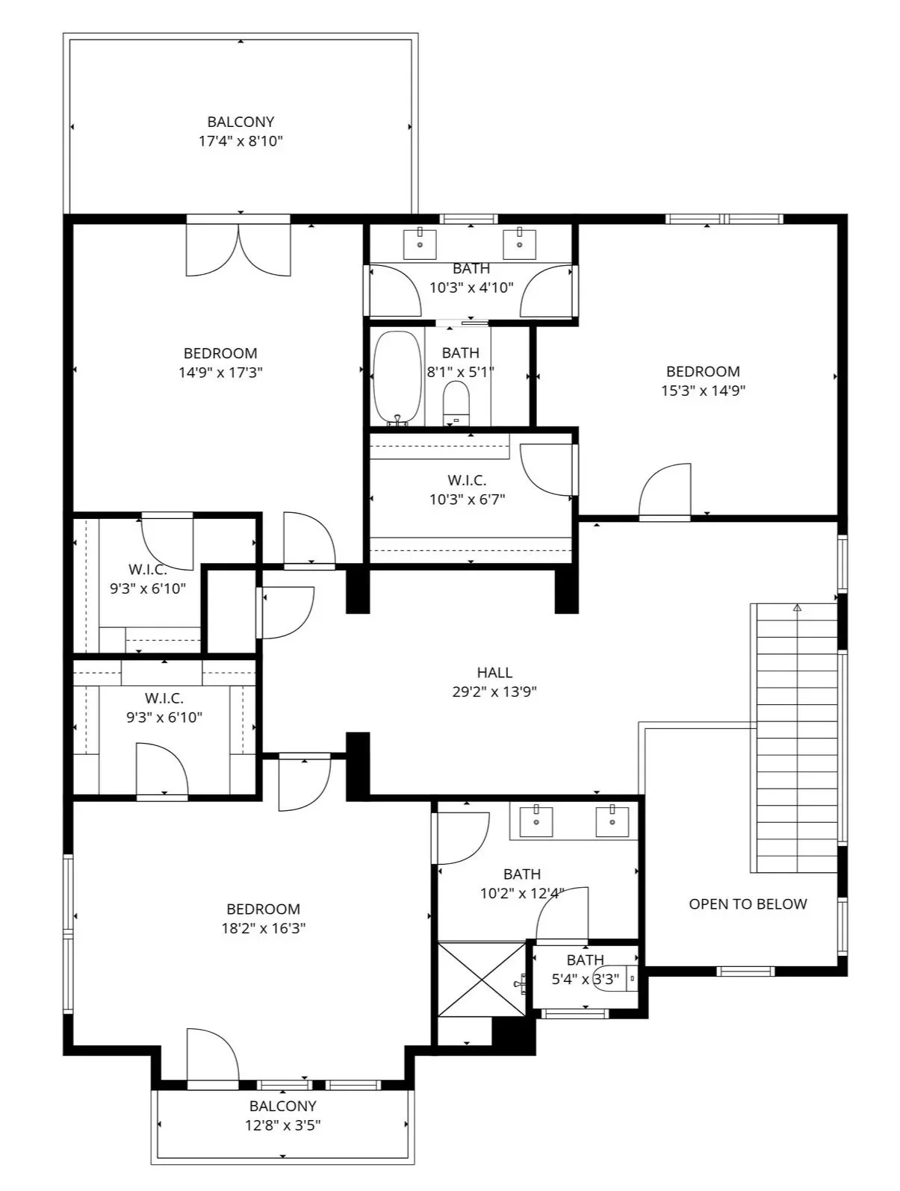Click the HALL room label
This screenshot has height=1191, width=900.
point(494,673)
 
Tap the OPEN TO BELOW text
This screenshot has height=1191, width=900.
point(748,904)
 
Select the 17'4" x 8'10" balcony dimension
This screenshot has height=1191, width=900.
point(240,141)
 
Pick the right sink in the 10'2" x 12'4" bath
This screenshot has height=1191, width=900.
point(612,821)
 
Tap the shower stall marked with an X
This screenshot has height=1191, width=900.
point(482,979)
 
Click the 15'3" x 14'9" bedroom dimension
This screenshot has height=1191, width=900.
point(704,391)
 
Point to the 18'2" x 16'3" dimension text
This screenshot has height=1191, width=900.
point(264,929)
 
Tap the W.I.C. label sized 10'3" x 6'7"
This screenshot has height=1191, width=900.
point(467,480)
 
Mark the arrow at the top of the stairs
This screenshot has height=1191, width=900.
point(797,609)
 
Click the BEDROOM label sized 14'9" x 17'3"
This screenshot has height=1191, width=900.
point(220,353)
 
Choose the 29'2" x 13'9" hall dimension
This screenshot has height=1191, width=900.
point(494,692)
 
